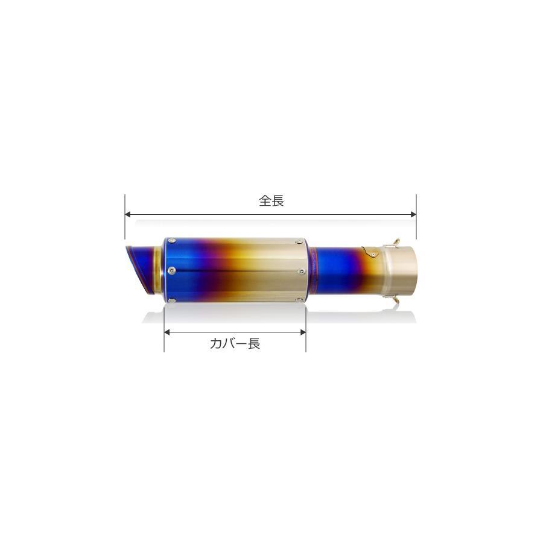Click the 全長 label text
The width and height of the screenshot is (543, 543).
271,200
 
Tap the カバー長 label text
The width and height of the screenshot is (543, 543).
235,343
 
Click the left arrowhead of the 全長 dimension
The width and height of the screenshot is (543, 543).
127,214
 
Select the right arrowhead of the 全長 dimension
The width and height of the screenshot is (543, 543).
413,214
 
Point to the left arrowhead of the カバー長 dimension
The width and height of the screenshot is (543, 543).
167,332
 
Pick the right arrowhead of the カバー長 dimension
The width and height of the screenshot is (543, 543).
303,332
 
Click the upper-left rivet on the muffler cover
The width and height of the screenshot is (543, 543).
172,241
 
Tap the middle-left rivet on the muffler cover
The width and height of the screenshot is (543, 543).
170,270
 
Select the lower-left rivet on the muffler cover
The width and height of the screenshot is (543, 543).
172,300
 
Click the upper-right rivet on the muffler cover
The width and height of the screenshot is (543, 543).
299,241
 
